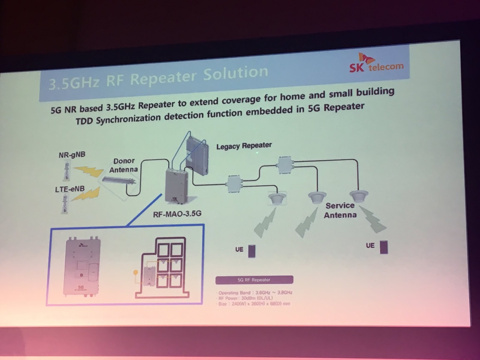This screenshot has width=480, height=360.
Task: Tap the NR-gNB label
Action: tap(72, 155)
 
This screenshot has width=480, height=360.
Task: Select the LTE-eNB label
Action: tap(70, 189)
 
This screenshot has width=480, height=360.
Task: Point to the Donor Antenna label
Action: tap(123, 165)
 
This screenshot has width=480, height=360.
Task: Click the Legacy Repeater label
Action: tap(244, 146)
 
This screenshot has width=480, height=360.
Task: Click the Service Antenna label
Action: tap(340, 210)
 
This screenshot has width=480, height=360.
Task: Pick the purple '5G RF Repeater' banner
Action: tap(254, 280)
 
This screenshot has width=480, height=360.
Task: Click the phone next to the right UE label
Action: tap(383, 247)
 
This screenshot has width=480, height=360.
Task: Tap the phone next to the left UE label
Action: tap(252, 251)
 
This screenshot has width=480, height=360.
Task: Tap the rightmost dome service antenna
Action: tap(358, 196)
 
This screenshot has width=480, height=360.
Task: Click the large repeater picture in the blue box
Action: tap(82, 265)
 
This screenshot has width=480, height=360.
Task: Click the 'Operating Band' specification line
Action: tap(255, 292)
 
